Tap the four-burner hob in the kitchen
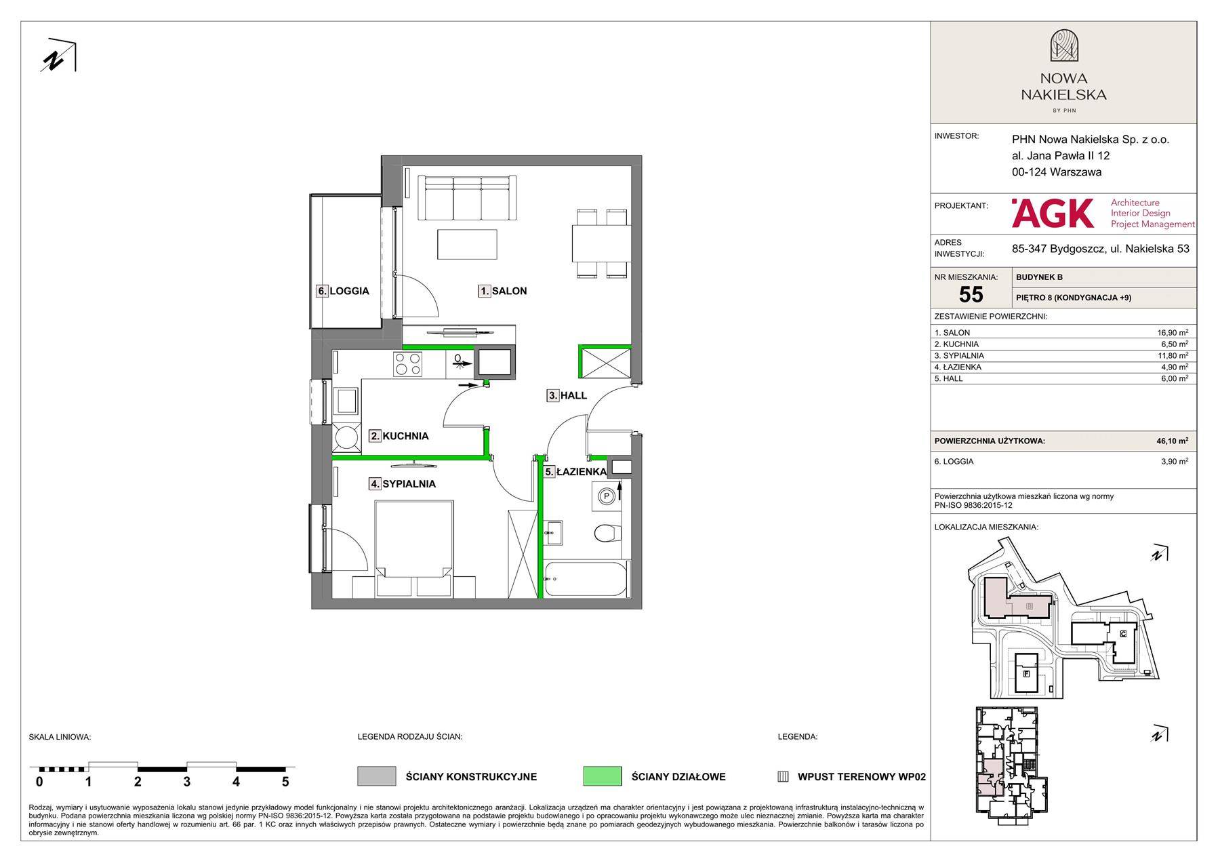409,363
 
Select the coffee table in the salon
468,244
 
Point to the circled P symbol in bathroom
607,496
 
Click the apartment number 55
971,294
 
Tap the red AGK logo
1053,213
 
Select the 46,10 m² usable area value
1172,441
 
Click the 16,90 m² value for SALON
1173,333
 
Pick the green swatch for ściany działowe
602,776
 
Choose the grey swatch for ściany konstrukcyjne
376,776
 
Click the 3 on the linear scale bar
187,782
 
